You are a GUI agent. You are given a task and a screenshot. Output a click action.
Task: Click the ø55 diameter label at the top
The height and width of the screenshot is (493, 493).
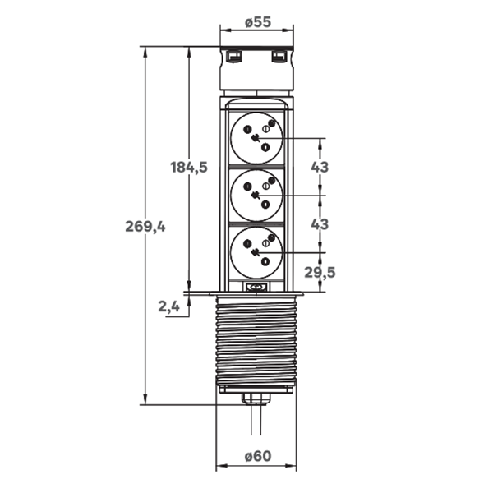click(x=257, y=22)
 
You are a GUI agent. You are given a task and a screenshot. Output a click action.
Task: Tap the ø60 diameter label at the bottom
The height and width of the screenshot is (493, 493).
click(x=257, y=456)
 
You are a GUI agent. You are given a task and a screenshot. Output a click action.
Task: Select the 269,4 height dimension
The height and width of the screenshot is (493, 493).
click(x=145, y=227)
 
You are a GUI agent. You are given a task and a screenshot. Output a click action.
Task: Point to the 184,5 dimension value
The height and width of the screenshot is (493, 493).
click(x=189, y=168)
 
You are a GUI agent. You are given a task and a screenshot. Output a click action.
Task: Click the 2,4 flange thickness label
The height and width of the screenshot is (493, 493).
click(x=168, y=306)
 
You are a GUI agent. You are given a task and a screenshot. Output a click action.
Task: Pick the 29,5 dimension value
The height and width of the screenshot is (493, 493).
click(x=320, y=272)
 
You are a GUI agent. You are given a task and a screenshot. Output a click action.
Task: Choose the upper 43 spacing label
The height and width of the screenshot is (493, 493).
click(x=320, y=167)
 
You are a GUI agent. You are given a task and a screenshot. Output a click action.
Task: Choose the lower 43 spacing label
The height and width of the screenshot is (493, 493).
click(x=320, y=224)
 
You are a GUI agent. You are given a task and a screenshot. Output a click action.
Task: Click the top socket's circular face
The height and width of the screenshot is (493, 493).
click(x=256, y=138)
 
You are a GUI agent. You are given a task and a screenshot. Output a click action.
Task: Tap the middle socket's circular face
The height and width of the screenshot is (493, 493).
click(x=256, y=196)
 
